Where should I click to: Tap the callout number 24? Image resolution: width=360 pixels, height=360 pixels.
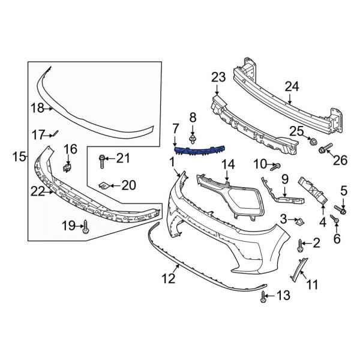291,87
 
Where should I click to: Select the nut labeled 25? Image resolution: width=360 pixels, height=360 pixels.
312,142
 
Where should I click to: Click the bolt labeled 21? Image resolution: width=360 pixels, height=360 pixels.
104,159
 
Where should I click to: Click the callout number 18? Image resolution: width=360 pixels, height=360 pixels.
37,108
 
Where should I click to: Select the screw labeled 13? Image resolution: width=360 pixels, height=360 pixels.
265,296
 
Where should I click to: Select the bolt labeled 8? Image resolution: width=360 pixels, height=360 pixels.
193,139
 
